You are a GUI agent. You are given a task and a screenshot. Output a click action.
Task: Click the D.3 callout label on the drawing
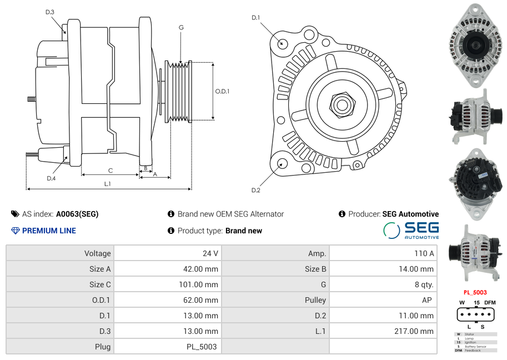point(50,12)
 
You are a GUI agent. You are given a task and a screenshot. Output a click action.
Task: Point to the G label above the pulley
point(182,27)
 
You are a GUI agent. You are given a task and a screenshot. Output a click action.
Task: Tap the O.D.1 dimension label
point(222,91)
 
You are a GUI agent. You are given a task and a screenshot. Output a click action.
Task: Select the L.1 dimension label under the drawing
point(107,184)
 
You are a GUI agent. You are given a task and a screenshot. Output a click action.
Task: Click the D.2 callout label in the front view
point(255,191)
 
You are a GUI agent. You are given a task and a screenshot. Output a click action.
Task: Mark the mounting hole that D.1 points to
point(282,43)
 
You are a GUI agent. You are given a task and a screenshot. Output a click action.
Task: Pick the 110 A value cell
point(424,253)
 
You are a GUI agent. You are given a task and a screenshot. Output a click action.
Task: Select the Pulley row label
point(315,300)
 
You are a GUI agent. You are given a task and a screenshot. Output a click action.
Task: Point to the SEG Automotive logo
point(411,230)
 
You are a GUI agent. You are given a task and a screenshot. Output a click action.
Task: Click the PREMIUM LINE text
point(49,231)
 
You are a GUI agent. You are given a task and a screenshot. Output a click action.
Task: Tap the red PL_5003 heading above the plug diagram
point(475,292)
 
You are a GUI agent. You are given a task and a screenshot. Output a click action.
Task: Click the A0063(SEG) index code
point(77,214)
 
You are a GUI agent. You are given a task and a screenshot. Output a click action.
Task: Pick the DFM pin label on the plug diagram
point(489,303)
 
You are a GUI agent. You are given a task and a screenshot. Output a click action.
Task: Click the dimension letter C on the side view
point(111,171)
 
